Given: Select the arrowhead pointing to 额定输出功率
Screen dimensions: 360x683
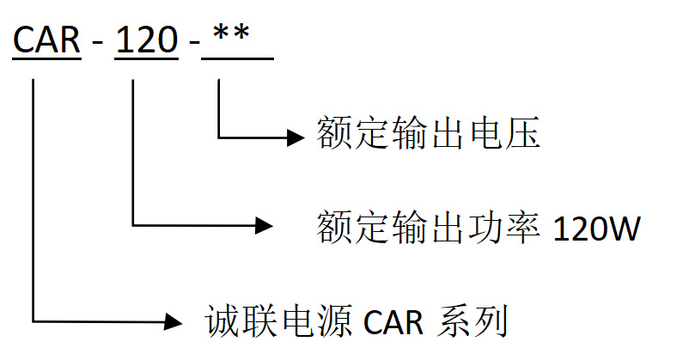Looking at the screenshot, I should point(265,226).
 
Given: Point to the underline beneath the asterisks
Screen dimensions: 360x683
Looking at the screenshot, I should point(236,58).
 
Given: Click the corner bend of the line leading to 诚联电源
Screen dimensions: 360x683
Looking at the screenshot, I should point(34,321).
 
